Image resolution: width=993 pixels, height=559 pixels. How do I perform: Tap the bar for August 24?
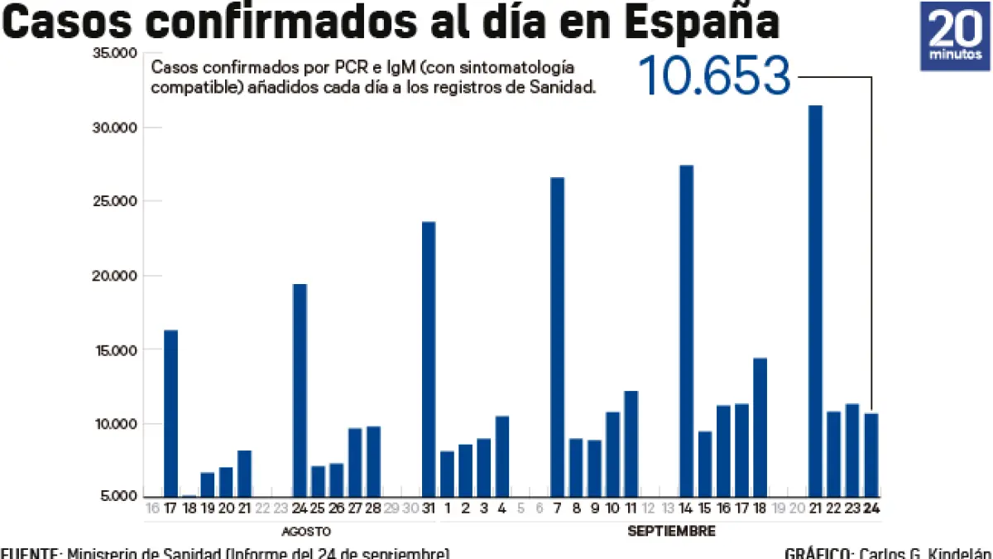click(x=300, y=390)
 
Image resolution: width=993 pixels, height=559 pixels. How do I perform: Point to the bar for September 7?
click(x=558, y=336)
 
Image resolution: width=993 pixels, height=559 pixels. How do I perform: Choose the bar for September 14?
click(x=687, y=330)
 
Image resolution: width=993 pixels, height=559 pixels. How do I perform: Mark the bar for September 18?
click(x=760, y=426)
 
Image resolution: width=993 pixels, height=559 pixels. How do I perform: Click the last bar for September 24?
click(x=871, y=455)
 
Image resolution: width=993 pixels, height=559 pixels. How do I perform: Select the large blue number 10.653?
click(x=715, y=76)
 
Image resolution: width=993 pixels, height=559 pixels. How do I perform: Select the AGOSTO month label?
click(x=307, y=531)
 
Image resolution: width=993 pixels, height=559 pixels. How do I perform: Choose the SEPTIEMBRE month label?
click(x=671, y=531)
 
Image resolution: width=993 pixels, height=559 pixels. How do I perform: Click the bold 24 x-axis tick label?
click(x=871, y=508)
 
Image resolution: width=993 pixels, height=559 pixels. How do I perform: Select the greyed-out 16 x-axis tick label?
click(x=152, y=508)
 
